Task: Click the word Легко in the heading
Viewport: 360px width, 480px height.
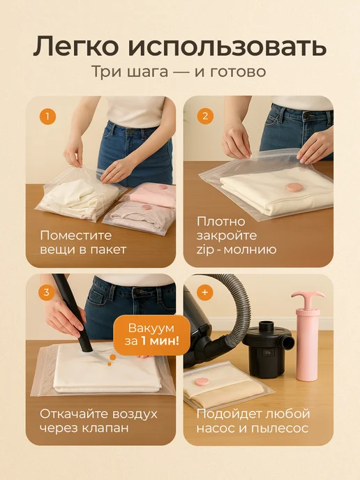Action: (75, 46)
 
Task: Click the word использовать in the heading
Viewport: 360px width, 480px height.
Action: (227, 46)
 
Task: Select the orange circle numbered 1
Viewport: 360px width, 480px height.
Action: (47, 117)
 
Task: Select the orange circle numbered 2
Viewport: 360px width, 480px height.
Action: (205, 116)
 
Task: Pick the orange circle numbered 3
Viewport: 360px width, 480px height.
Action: (47, 292)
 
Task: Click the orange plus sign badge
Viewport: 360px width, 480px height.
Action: (205, 292)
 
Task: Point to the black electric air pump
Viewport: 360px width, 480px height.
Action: (267, 347)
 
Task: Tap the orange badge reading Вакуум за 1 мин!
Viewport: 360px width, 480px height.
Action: (151, 335)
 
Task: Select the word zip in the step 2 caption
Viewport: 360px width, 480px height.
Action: (205, 250)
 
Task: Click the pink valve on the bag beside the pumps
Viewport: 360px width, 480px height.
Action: (202, 382)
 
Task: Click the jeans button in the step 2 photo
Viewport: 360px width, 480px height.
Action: (307, 115)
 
